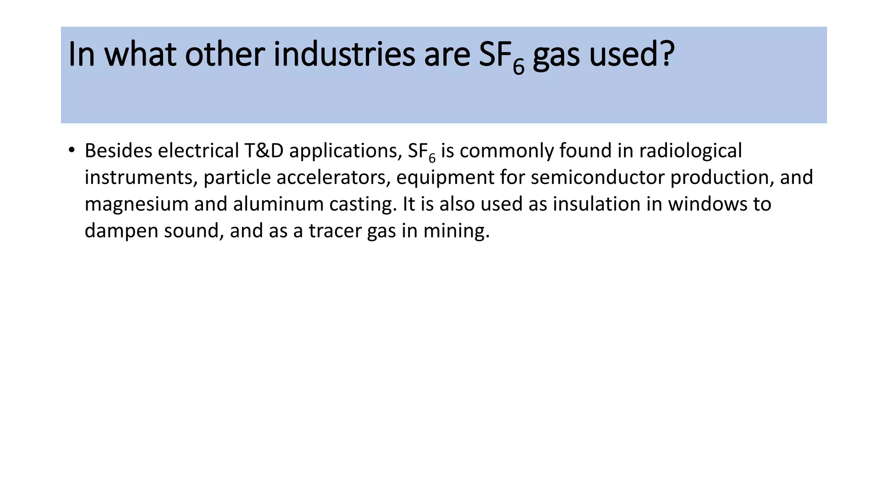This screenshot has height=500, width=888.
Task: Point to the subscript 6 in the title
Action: [x=519, y=67]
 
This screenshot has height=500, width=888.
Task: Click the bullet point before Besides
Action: [x=72, y=151]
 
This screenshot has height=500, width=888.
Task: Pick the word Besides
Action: [x=118, y=151]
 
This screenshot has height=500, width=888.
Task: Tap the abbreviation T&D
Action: [x=264, y=151]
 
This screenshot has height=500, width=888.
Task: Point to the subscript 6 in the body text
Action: [x=432, y=158]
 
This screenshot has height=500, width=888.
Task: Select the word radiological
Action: [x=690, y=151]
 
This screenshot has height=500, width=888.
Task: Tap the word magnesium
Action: [x=137, y=204]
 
